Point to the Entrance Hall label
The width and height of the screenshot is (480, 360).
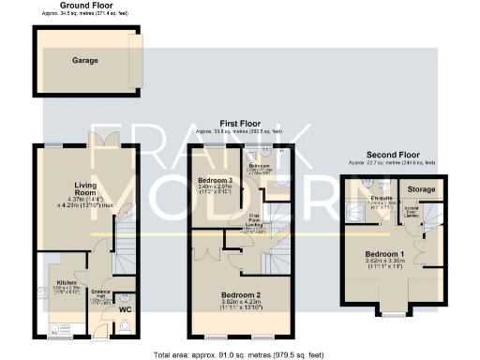100,294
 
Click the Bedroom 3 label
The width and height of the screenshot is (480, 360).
215,179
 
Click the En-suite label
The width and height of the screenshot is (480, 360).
381,199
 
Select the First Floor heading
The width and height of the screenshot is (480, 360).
239,124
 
